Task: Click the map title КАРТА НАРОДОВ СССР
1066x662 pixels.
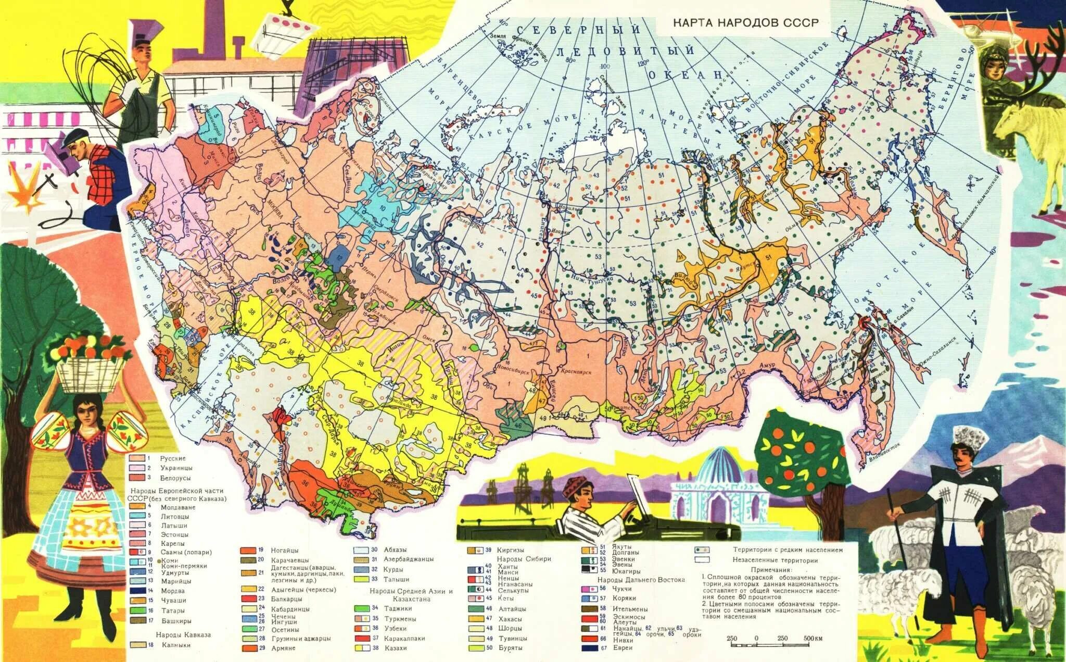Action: coord(745,23)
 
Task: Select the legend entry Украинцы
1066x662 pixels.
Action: coord(175,468)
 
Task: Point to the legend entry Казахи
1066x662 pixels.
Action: coord(396,648)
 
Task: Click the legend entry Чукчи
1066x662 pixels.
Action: coord(623,589)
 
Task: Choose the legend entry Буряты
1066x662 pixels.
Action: coord(511,648)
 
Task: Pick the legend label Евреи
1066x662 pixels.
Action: coord(623,648)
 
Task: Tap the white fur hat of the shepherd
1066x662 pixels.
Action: coord(971,439)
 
